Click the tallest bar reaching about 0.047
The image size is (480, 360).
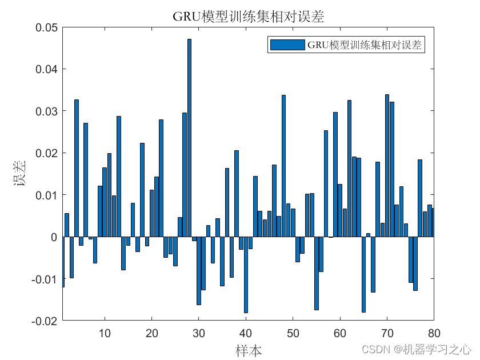point(189,137)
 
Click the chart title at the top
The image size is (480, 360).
point(249,17)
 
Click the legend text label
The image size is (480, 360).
point(365,45)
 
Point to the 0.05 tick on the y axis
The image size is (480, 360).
point(46,27)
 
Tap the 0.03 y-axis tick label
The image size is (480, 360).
point(46,111)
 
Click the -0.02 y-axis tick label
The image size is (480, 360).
point(45,321)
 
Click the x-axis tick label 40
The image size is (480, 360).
point(246,333)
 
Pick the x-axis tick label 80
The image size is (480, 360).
point(434,333)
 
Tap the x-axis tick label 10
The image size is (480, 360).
point(105,333)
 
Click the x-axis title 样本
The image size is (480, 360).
point(249,349)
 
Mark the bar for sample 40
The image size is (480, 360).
point(246,275)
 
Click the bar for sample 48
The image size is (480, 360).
point(283,166)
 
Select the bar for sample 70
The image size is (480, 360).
point(387,166)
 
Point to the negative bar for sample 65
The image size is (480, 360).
point(363,274)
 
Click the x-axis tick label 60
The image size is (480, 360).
point(340,333)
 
